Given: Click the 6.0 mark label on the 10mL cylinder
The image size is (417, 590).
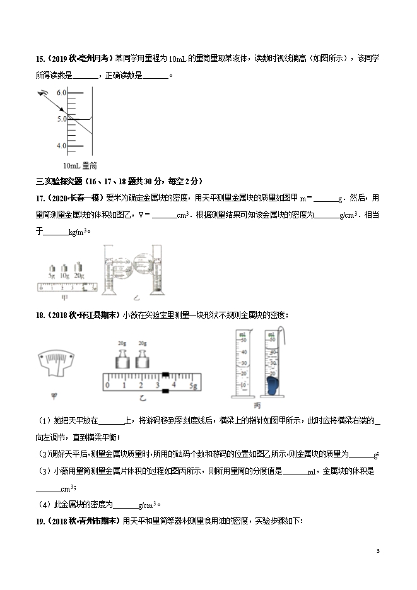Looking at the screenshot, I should pos(61,93).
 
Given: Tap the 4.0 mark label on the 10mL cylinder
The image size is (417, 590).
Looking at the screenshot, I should pos(61,146).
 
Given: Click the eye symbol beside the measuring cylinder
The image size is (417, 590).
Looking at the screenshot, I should pos(43,95).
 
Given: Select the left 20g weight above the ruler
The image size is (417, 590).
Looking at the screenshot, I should pos(122,358).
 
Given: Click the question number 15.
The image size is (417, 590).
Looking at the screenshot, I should pos(40,59).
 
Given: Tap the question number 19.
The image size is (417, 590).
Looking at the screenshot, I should pos(40,521).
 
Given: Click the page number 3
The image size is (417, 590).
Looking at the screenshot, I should pos(377,551).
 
